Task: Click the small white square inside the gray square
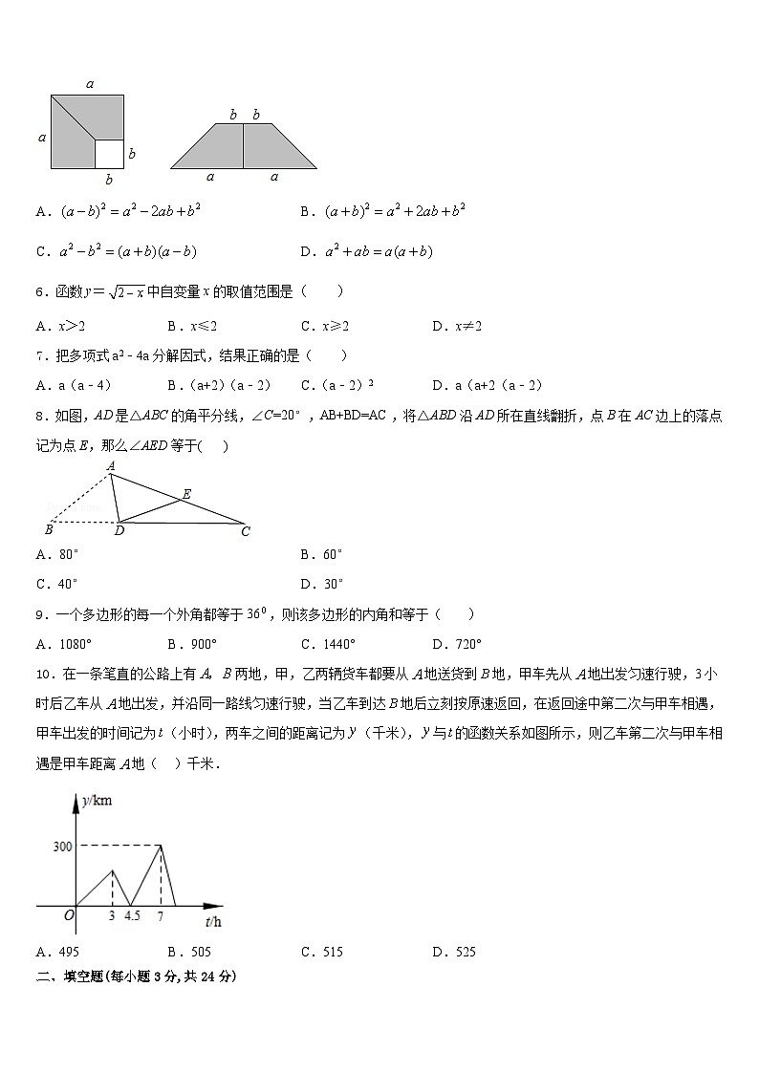[108, 153]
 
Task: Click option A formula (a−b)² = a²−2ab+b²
[117, 211]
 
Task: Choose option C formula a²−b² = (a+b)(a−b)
[116, 252]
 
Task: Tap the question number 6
[41, 292]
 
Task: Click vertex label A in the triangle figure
[111, 466]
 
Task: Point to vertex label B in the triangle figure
[49, 530]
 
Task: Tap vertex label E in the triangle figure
[186, 494]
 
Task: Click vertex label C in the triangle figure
[246, 531]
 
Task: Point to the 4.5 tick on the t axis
[131, 917]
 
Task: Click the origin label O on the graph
[69, 916]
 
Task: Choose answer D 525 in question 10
[454, 952]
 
